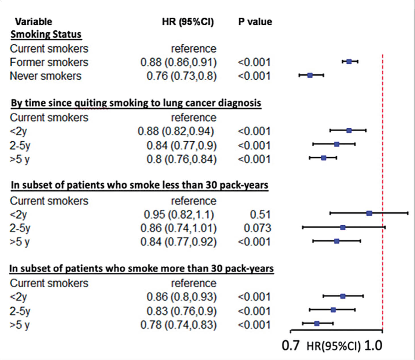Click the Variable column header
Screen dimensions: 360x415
33,22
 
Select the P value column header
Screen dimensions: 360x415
255,22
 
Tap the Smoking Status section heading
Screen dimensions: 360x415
46,34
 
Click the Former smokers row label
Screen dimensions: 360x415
49,62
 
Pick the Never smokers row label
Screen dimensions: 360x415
45,76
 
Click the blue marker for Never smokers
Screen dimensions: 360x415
310,75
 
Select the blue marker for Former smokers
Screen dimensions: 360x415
349,62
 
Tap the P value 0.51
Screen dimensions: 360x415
260,214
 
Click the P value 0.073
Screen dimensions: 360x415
257,228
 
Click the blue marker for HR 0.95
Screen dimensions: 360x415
369,213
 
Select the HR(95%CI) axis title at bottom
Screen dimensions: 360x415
334,346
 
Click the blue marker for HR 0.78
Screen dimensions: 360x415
317,323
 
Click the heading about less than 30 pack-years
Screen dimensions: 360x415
139,185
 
